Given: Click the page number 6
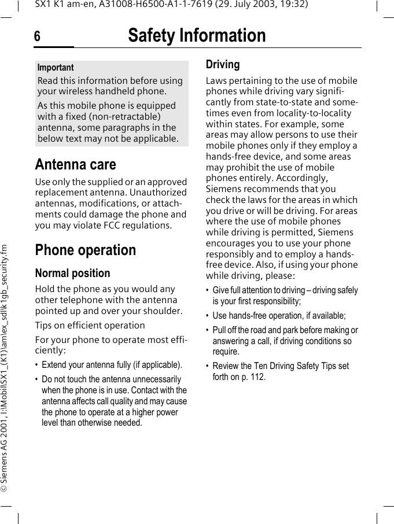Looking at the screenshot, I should pos(37,36).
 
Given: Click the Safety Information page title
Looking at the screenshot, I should pos(197,36).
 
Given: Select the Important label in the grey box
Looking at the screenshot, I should pos(56,68).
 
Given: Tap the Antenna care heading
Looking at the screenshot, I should pos(75,164).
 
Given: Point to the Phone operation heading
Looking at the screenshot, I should pos(86,250).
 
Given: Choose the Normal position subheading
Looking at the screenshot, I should pos(72,273).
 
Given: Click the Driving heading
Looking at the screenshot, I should pos(223,64).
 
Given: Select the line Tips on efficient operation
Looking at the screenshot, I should pos(90,325).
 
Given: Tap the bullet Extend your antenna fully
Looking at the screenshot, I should pos(112,365).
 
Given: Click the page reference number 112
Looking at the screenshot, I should pos(258,377).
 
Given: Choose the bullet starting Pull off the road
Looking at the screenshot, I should pos(285,341).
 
